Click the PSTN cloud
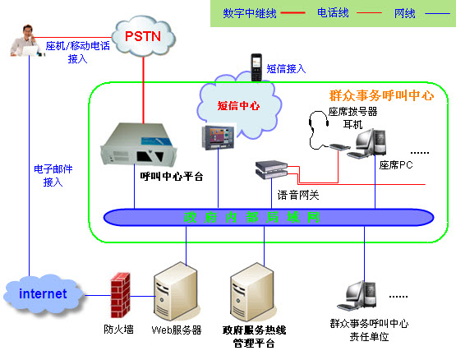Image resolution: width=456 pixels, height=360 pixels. (144, 36)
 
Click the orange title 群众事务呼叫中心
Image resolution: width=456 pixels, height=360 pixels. (381, 95)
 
